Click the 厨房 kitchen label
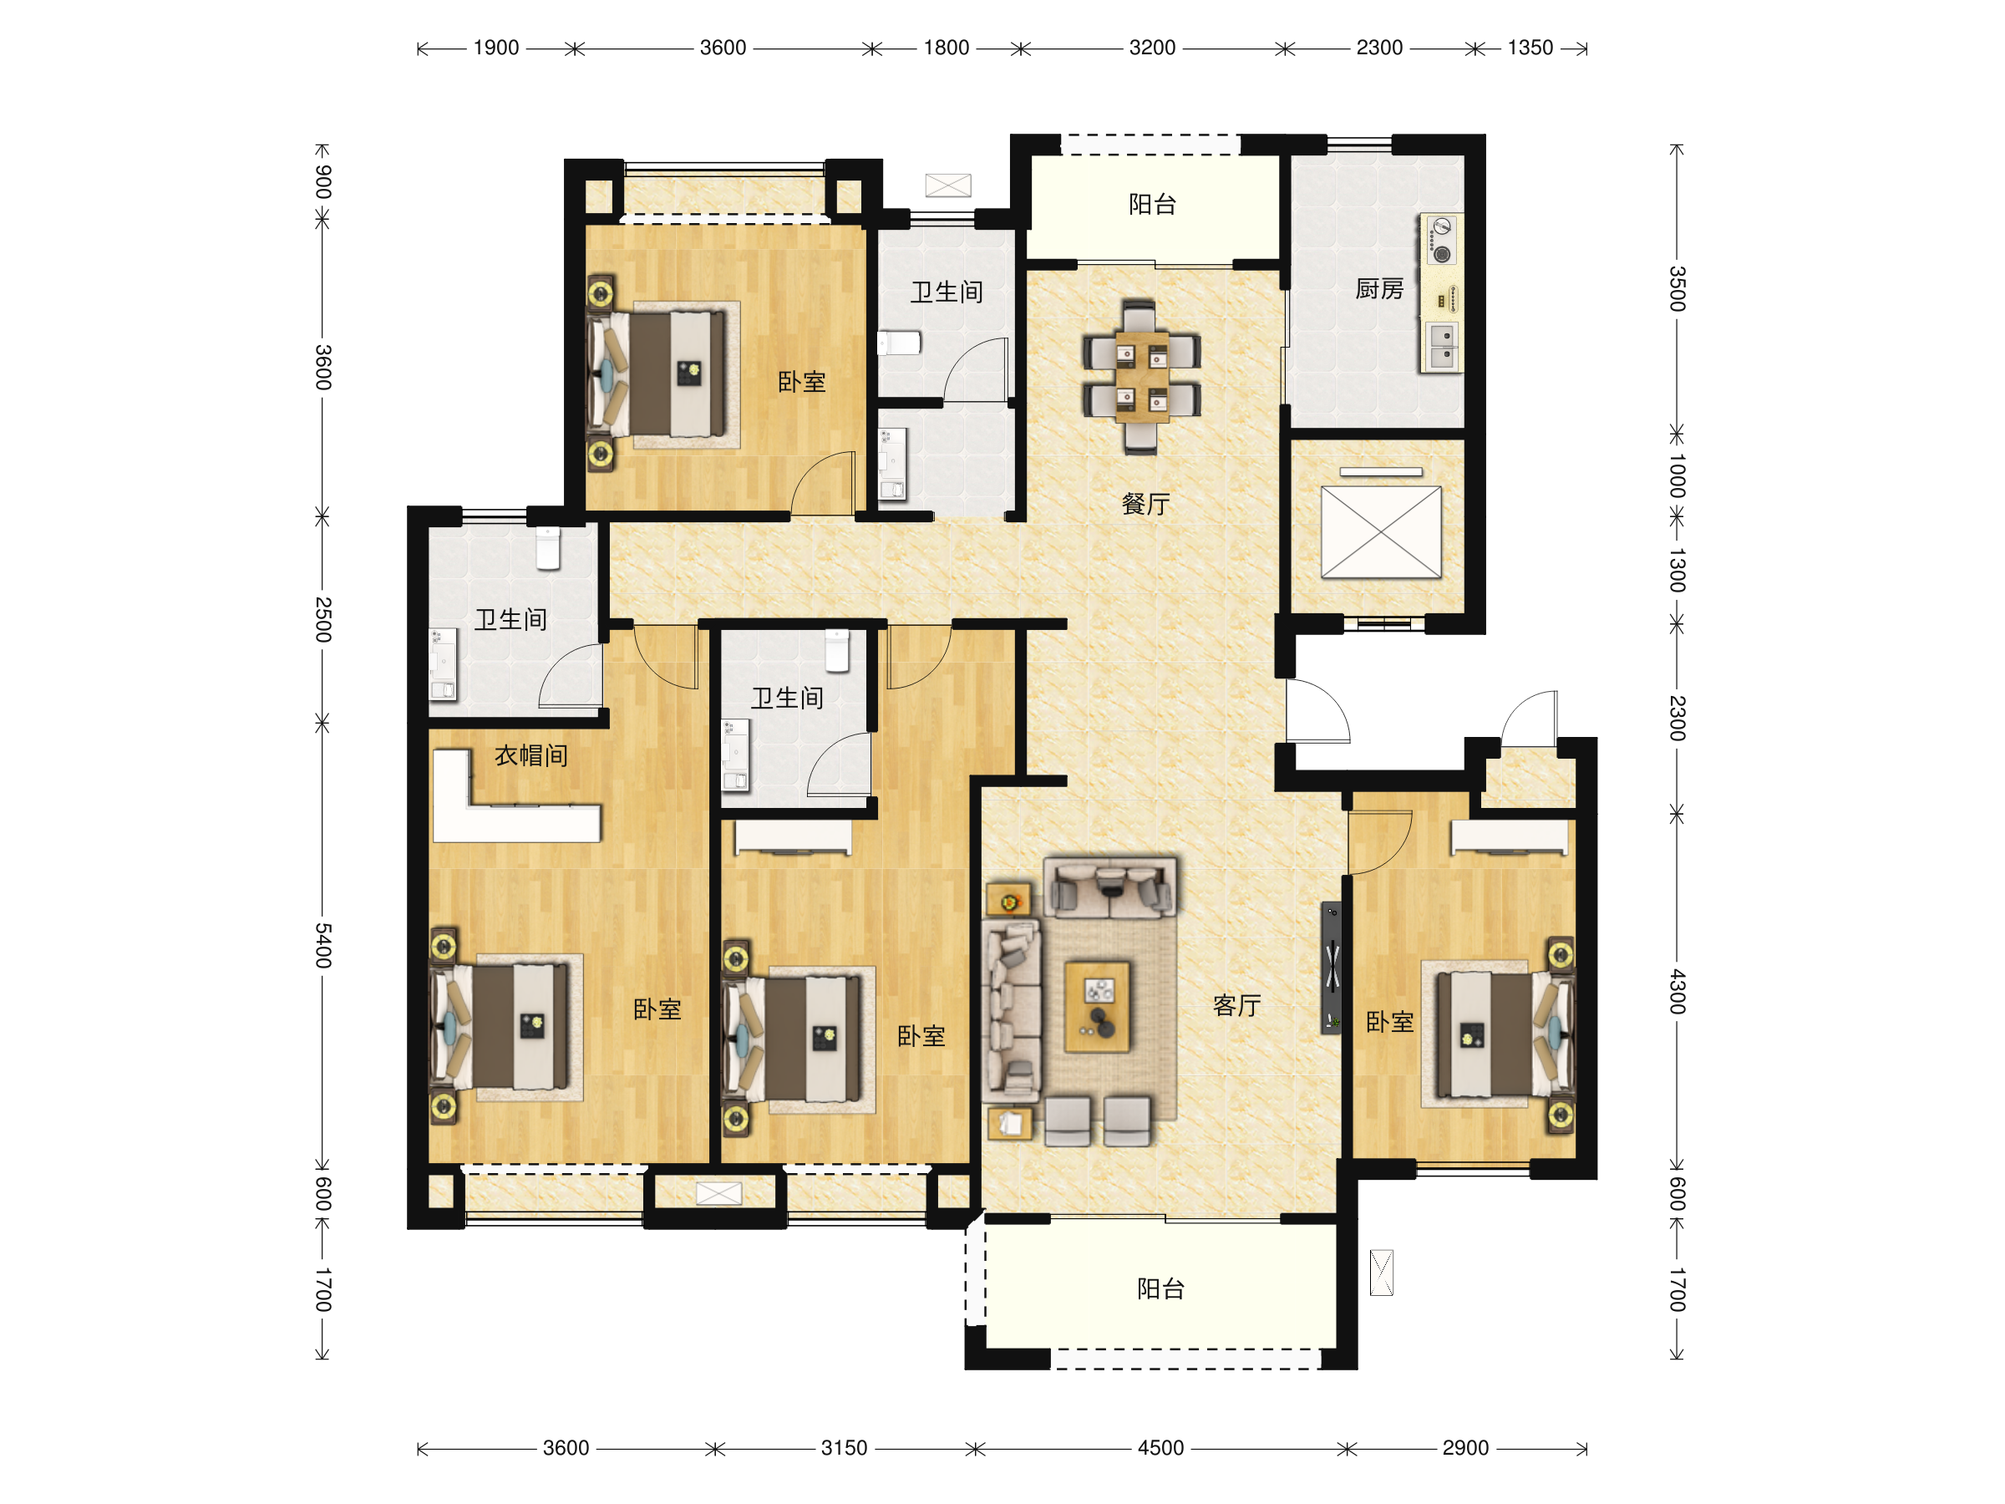(1378, 289)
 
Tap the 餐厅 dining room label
(1145, 504)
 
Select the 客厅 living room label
(1237, 1005)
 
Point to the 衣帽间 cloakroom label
(531, 755)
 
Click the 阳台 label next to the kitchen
(1152, 205)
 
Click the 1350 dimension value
(1530, 48)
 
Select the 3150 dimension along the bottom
(844, 1448)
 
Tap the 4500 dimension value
(1160, 1448)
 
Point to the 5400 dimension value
(323, 946)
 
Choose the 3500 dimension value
(1678, 288)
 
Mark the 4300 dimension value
(1678, 991)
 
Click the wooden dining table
(1141, 377)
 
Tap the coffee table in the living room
(1097, 1007)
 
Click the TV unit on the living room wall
(1331, 968)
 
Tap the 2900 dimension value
(1464, 1448)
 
